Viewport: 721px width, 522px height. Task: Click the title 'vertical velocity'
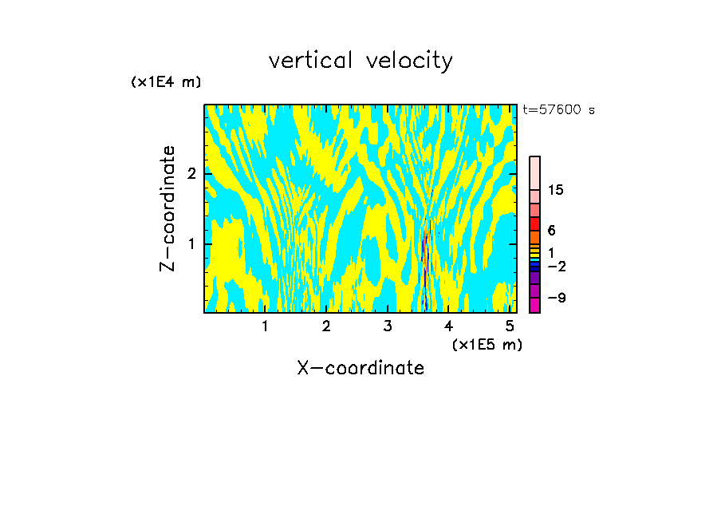(x=360, y=61)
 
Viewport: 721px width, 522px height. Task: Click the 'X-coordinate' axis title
(x=360, y=368)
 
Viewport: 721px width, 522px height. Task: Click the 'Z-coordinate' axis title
(x=167, y=208)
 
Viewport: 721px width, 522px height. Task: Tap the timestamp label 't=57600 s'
(x=558, y=110)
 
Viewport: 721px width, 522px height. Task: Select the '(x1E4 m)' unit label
(x=166, y=82)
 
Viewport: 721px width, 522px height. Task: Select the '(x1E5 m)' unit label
(x=487, y=344)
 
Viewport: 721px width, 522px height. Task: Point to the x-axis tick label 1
(x=265, y=326)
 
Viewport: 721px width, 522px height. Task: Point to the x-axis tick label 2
(x=326, y=326)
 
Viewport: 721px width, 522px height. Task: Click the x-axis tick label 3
(x=388, y=326)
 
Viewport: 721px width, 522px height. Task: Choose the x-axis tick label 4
(x=448, y=326)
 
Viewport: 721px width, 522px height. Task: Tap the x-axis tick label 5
(x=510, y=326)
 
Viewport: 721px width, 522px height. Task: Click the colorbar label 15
(x=556, y=190)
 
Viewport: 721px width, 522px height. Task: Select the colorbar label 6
(x=551, y=231)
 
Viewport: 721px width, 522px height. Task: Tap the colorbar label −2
(x=556, y=267)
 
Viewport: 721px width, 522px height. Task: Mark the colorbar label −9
(x=556, y=298)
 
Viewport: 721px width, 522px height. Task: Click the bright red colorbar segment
(x=534, y=223)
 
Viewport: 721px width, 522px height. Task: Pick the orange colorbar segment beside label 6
(x=534, y=237)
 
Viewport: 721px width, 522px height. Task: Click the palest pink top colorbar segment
(x=534, y=172)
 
